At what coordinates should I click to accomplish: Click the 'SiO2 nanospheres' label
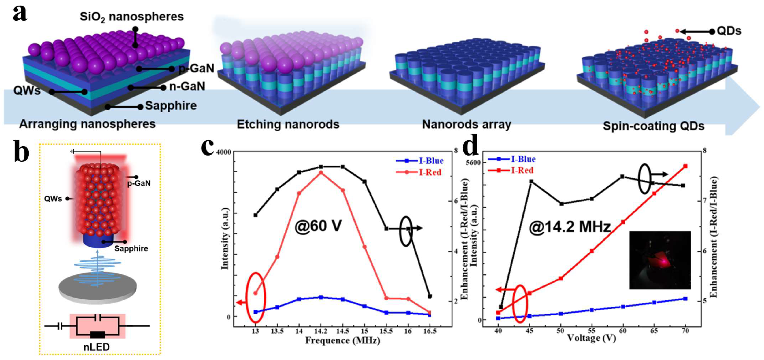click(132, 17)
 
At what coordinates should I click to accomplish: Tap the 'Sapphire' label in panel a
click(171, 106)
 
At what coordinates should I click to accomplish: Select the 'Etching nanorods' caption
click(288, 124)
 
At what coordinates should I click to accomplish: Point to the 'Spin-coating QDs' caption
click(653, 126)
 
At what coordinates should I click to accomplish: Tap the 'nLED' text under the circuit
click(96, 347)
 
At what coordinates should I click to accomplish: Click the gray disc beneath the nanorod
click(98, 288)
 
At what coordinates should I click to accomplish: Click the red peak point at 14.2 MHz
click(321, 172)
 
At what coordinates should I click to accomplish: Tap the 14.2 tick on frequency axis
click(321, 331)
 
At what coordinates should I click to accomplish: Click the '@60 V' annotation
click(318, 226)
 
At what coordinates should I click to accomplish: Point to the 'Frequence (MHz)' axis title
click(343, 340)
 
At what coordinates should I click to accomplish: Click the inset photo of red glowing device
click(660, 260)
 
